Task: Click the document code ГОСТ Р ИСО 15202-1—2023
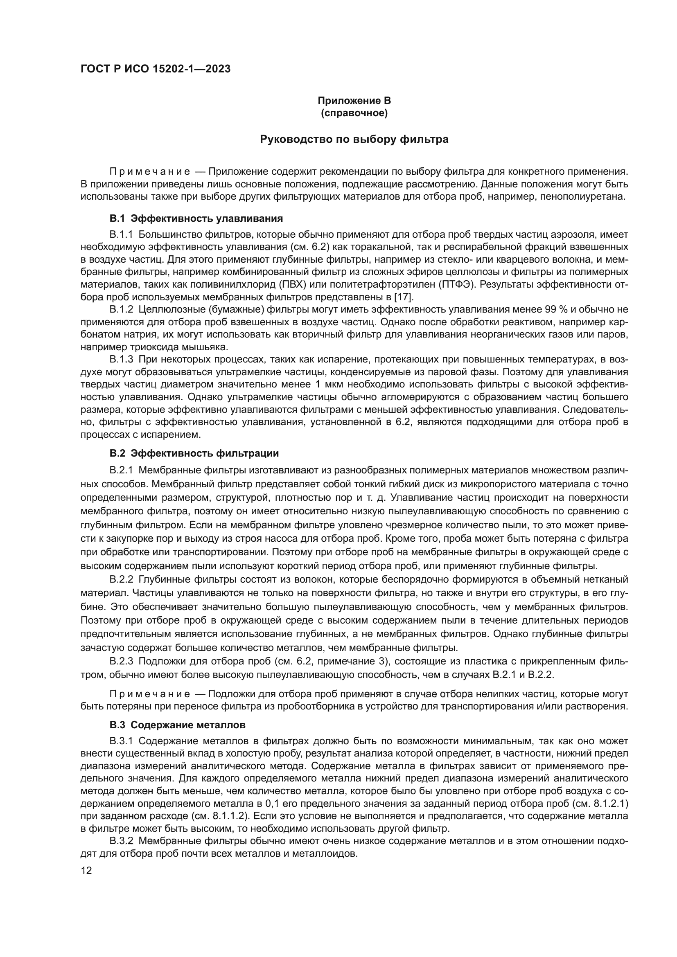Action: [x=155, y=69]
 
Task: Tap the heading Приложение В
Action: [x=354, y=101]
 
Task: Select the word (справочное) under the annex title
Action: [x=354, y=113]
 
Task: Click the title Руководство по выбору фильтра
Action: [x=354, y=139]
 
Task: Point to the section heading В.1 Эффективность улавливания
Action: [x=196, y=218]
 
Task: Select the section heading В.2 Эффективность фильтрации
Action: [x=194, y=453]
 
